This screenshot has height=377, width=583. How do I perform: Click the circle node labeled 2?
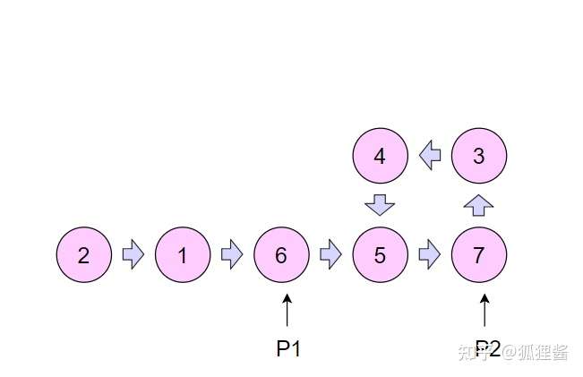[x=84, y=255]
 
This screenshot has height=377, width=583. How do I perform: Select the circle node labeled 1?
[x=183, y=255]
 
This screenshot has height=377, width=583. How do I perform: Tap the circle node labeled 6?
[x=281, y=255]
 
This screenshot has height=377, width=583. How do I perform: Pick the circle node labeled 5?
[x=380, y=255]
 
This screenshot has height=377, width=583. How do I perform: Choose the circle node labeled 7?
[x=479, y=255]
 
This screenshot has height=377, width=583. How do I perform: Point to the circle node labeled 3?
[x=479, y=156]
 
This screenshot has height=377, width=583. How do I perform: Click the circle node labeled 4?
[x=380, y=156]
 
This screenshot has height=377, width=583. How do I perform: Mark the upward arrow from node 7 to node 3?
[x=479, y=205]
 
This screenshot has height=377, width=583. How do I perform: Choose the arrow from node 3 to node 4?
[x=430, y=156]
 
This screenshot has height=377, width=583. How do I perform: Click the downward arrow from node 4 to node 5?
[x=380, y=205]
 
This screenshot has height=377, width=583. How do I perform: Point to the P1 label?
[x=288, y=349]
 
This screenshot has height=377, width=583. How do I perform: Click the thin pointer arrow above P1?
[x=287, y=311]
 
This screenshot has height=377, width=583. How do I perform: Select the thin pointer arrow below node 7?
[x=484, y=311]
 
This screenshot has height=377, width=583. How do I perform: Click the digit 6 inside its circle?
[x=281, y=255]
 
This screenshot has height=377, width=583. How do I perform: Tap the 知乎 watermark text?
[x=473, y=352]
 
